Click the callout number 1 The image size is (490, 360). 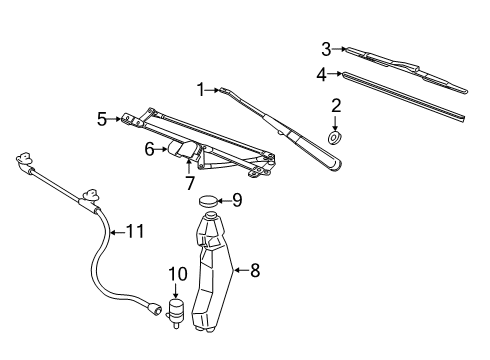click(202, 90)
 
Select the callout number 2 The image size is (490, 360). click(336, 105)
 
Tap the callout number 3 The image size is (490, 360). click(326, 47)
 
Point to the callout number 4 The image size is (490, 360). click(322, 73)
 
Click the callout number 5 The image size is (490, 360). click(102, 118)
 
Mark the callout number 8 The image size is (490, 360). click(254, 268)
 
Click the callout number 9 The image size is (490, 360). click(236, 200)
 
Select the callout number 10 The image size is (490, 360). click(178, 274)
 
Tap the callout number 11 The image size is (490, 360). click(134, 231)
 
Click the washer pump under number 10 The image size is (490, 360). click(177, 311)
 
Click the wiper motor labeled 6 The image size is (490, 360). click(181, 149)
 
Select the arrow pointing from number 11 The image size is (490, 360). click(114, 231)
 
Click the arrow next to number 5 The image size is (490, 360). click(116, 118)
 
